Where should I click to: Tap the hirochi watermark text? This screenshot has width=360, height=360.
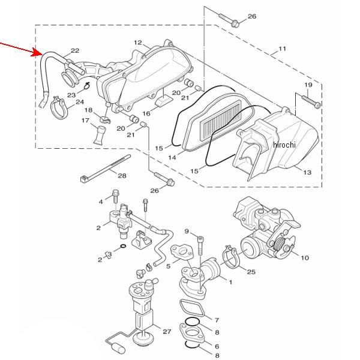284,145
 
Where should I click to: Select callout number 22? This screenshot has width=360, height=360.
75,50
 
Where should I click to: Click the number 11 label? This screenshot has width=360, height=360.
282,49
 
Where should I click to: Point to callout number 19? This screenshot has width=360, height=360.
308,85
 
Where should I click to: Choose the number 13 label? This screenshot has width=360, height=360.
307,172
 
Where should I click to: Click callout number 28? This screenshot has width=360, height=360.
122,176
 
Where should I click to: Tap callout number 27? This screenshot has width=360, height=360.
167,331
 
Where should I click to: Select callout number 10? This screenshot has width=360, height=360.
305,258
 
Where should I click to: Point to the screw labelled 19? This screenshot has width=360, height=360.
311,101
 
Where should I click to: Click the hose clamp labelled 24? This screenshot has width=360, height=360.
58,108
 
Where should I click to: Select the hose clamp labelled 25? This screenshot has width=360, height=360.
231,257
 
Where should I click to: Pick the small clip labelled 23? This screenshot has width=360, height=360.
87,86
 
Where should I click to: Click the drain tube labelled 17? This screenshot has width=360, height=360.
100,135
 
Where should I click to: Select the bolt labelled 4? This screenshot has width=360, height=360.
115,196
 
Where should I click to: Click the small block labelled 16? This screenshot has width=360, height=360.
164,101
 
